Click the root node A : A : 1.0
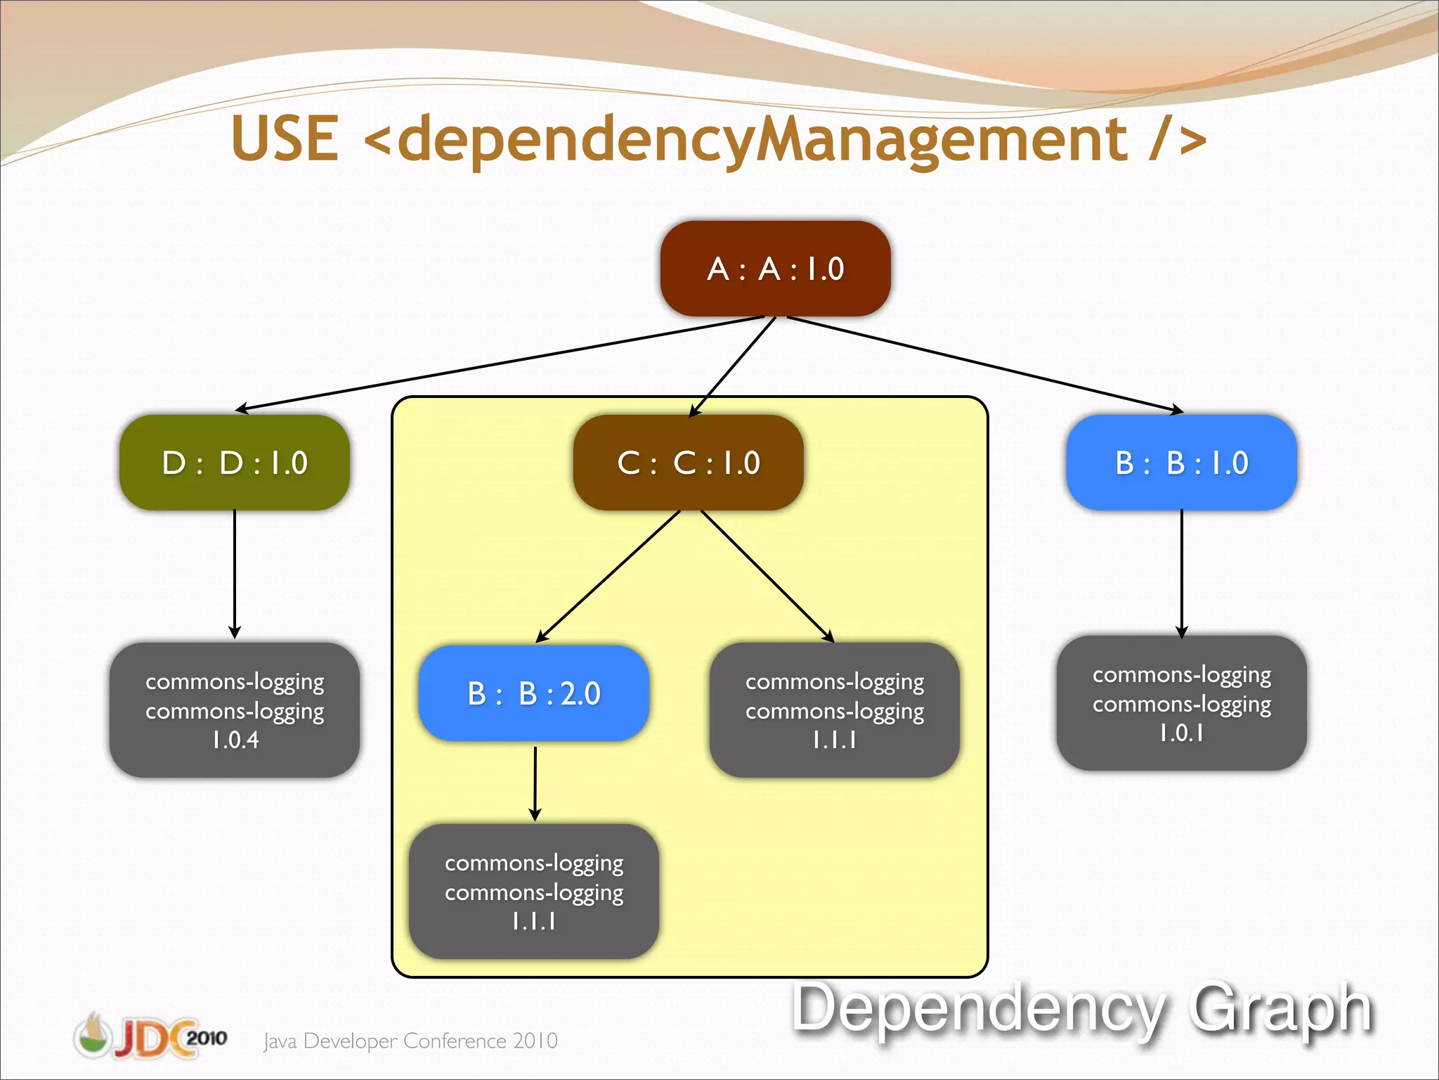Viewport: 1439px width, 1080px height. point(775,269)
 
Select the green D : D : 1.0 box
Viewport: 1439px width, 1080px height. point(235,463)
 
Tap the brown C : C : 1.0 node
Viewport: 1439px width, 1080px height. point(689,463)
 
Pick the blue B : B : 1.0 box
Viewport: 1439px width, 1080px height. point(1181,463)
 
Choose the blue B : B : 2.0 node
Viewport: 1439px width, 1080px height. point(534,693)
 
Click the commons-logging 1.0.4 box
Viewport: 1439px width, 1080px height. point(235,709)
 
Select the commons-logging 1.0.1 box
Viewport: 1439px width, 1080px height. point(1181,703)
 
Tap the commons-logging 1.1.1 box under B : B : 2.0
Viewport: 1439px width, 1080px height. point(534,892)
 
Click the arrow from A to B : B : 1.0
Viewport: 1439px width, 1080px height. point(984,363)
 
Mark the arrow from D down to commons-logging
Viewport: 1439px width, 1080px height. point(235,573)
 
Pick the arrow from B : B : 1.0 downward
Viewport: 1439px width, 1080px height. point(1181,573)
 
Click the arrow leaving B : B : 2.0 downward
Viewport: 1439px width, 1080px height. point(535,782)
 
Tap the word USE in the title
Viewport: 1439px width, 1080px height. point(285,139)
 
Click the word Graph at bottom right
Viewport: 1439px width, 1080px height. point(1280,1009)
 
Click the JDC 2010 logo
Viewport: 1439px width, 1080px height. point(150,1036)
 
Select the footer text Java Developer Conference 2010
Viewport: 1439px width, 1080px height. point(410,1041)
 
